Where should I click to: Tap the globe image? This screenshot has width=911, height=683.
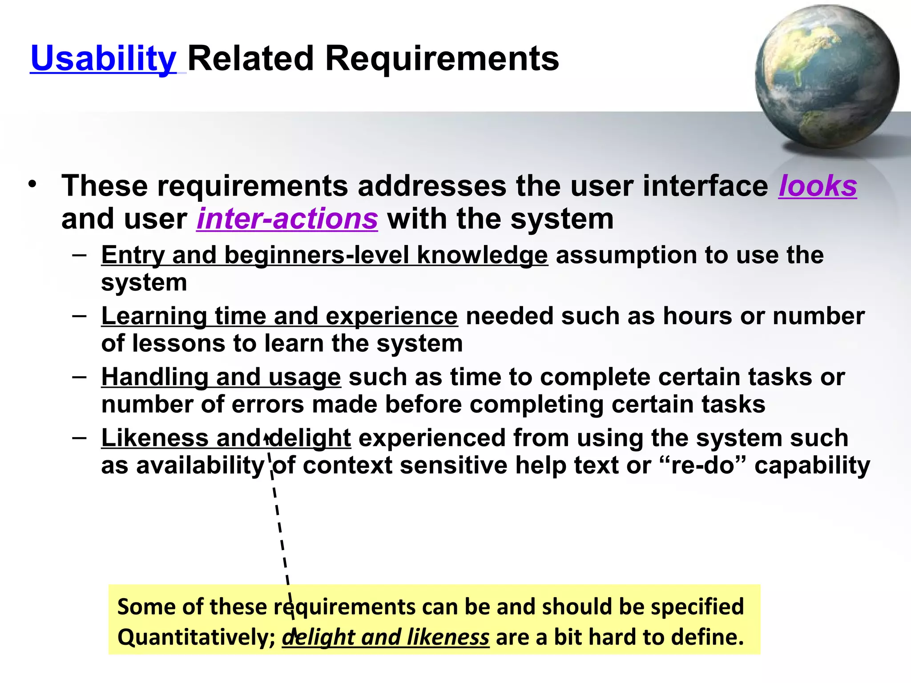[826, 76]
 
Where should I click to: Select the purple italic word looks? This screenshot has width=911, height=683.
[817, 186]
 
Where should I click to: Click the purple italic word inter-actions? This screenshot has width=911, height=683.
[287, 219]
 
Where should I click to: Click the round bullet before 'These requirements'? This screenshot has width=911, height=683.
[32, 184]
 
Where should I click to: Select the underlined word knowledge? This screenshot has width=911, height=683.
[482, 255]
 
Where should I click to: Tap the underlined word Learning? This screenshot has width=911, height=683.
[154, 316]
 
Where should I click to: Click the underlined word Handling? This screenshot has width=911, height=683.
[155, 377]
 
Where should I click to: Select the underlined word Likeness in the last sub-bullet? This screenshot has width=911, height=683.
[155, 438]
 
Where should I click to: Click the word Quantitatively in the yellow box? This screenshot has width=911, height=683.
[196, 637]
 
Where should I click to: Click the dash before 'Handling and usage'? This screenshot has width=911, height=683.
[79, 377]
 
